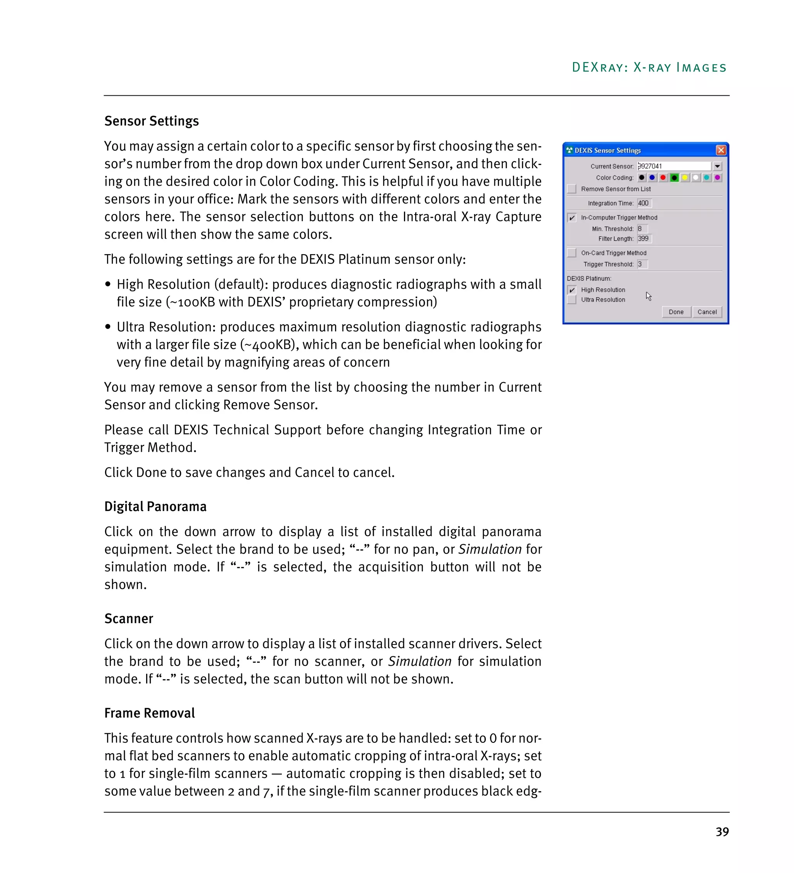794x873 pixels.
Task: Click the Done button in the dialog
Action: (x=675, y=312)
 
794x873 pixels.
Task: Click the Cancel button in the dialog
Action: (x=706, y=312)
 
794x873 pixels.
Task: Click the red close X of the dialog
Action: (x=720, y=150)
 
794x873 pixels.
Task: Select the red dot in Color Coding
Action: (x=663, y=177)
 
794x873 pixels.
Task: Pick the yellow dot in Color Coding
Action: (x=684, y=177)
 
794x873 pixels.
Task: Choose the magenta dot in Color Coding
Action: (x=717, y=177)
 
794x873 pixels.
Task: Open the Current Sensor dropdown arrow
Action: (x=717, y=166)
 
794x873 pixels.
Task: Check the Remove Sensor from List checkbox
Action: (x=572, y=189)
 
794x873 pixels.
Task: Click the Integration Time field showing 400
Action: (x=644, y=203)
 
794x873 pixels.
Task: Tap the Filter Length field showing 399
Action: (x=644, y=239)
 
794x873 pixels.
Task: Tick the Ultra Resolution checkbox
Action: (x=572, y=300)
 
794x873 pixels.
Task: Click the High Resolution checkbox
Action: (x=572, y=290)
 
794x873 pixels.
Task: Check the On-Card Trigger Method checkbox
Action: (x=572, y=253)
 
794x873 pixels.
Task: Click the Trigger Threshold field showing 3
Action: (x=642, y=264)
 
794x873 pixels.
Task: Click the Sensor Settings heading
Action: (x=151, y=121)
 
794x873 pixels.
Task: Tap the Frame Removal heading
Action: (x=149, y=713)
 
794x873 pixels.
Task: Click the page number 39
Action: (x=722, y=832)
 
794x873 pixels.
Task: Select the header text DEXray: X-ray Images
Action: (x=649, y=67)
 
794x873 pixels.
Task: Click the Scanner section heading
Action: (x=129, y=619)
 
